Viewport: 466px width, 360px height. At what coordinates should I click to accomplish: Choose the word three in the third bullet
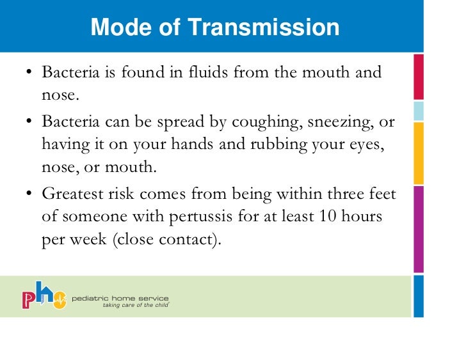[332, 194]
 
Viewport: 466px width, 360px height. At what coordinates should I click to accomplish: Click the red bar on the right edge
[419, 77]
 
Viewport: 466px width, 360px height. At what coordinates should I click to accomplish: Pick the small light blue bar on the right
[419, 111]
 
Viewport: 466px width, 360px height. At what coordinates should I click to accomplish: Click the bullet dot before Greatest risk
[29, 194]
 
